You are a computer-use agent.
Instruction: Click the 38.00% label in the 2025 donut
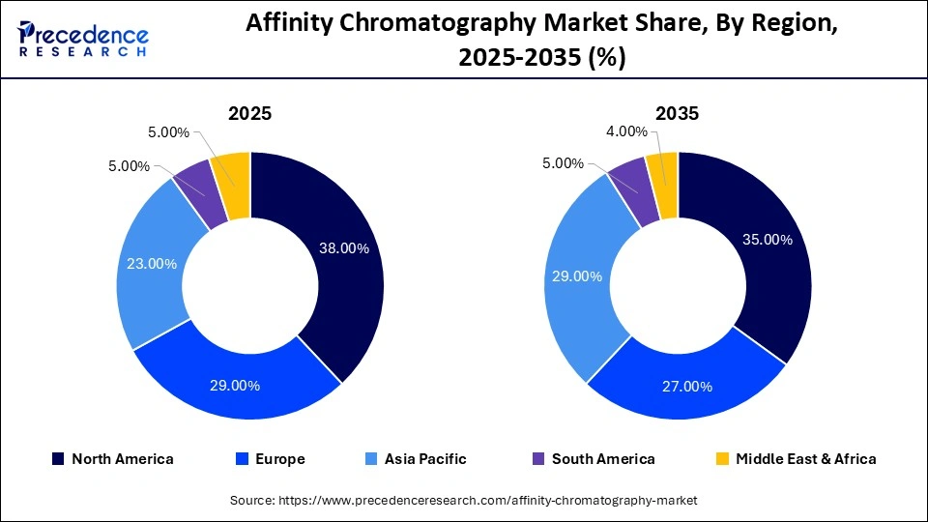tap(344, 248)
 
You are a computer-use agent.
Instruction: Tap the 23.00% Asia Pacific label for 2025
tap(152, 263)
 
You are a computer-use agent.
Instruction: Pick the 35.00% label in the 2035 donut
tap(768, 239)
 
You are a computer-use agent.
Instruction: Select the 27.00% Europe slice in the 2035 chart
tap(687, 387)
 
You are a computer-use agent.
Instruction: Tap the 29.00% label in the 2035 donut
tap(577, 276)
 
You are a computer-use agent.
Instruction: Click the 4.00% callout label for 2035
tap(626, 131)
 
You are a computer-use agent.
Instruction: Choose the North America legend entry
tap(112, 459)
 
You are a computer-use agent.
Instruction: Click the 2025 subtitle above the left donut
tap(249, 113)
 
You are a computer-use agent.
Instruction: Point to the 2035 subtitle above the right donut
tap(677, 113)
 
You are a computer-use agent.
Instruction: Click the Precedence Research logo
tap(83, 39)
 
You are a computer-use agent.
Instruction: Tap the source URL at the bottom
tap(463, 501)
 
